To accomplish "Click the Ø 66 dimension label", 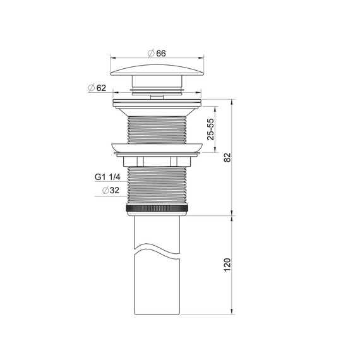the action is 157,53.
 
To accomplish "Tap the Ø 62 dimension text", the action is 97,88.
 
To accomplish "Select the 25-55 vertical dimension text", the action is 210,129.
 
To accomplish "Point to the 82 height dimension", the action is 227,157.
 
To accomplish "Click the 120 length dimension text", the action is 227,265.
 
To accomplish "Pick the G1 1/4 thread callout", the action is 107,177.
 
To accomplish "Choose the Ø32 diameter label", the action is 111,190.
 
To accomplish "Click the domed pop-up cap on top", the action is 157,70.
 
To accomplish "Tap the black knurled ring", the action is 157,208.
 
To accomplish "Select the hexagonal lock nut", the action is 157,161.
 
